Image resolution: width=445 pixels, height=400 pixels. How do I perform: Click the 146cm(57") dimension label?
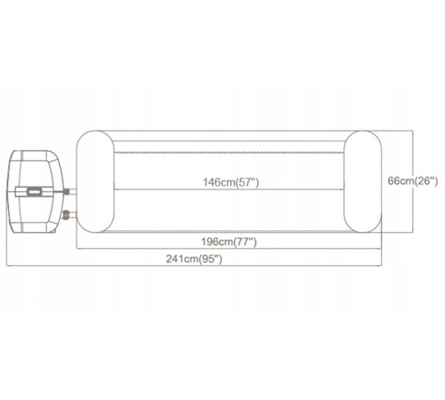231,182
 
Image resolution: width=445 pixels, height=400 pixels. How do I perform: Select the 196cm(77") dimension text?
229,242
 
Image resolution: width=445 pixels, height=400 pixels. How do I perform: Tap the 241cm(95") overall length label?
194,259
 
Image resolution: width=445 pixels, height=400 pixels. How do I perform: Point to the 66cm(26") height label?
413,180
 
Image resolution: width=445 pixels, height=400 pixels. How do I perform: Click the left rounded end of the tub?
95,181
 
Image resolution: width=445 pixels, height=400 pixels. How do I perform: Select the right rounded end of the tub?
363,181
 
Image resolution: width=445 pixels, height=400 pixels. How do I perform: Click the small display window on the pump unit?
35,191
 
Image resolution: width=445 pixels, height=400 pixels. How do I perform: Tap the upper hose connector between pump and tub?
68,191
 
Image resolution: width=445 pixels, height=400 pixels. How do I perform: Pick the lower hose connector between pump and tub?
66,214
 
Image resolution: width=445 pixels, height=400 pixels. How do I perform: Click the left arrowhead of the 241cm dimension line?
8,266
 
